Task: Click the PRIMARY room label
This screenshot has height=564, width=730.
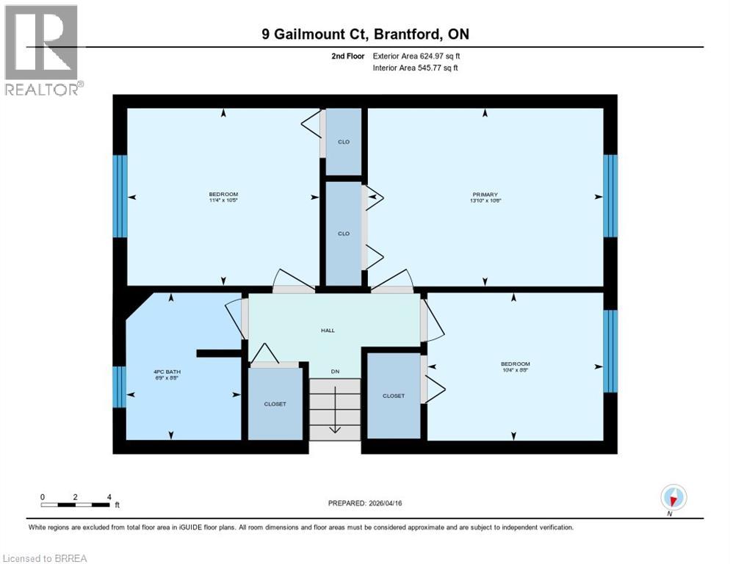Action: (x=485, y=195)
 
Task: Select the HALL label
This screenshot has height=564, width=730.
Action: (x=328, y=330)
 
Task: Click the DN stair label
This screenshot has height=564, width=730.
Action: (x=334, y=372)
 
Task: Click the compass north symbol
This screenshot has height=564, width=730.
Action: (x=673, y=497)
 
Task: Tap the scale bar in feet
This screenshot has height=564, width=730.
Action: (x=76, y=505)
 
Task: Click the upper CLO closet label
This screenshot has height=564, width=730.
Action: (x=344, y=142)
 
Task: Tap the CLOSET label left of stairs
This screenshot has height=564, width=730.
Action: (x=275, y=404)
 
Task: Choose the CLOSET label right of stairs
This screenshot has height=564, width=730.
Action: (x=393, y=396)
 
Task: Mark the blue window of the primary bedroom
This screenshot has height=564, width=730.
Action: (x=610, y=195)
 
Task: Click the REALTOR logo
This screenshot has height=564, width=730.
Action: (x=42, y=50)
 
